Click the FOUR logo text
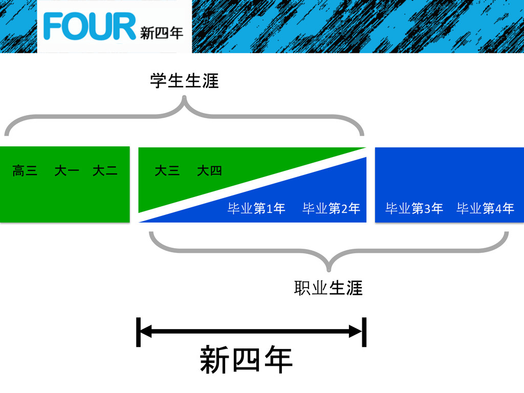tap(90, 27)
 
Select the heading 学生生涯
tap(184, 81)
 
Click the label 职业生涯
tap(328, 288)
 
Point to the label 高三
tap(25, 171)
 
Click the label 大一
tap(67, 171)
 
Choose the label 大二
tap(105, 171)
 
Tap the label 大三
tap(167, 171)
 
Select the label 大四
tap(209, 171)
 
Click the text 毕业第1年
tap(256, 209)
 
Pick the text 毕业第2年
tap(331, 209)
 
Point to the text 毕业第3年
tap(414, 209)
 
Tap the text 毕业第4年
tap(485, 209)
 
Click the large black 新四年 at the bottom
tap(246, 360)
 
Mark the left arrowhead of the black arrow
tap(145, 332)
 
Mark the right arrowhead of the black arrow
tap(356, 332)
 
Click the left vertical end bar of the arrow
tap(138, 332)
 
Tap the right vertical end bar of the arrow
tap(364, 332)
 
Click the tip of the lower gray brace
tap(329, 270)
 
